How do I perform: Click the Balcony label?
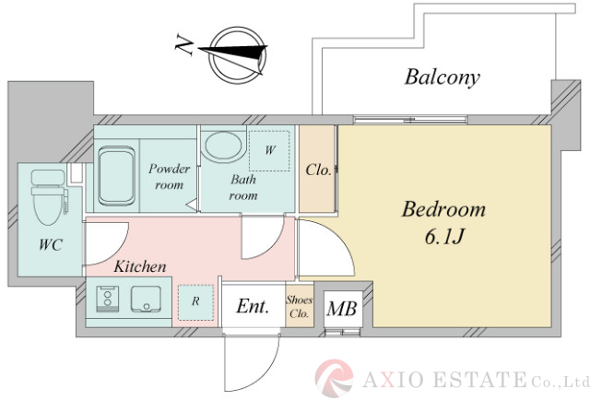[442, 77]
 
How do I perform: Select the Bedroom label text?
[442, 209]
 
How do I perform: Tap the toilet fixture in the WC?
[46, 196]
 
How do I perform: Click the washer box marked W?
[271, 149]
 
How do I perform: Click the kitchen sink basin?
[145, 300]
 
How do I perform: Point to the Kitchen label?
[140, 267]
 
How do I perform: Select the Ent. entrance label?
[253, 307]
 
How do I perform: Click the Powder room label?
[170, 176]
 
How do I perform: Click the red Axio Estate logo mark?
[335, 379]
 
